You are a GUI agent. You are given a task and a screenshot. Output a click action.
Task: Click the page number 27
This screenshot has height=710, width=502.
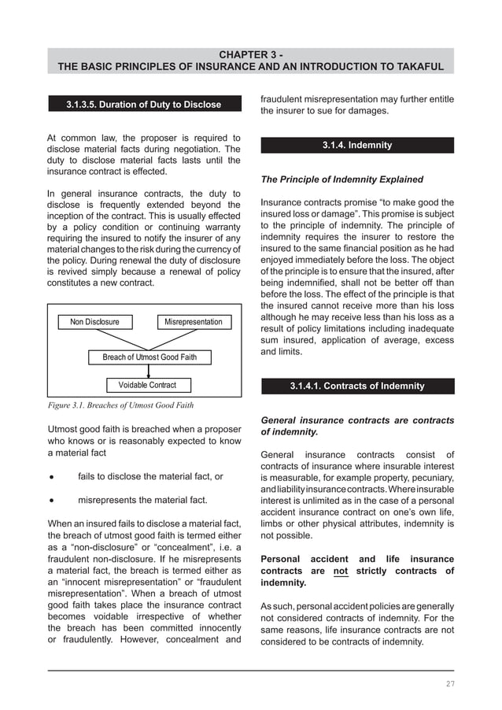450,683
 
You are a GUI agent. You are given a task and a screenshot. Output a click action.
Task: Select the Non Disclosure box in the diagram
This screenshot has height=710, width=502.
95,322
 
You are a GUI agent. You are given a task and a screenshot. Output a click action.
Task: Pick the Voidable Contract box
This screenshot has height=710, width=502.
147,385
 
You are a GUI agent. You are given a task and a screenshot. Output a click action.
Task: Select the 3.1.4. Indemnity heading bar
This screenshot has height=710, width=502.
357,146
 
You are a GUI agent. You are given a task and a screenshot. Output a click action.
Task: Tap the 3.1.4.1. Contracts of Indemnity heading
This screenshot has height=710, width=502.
357,386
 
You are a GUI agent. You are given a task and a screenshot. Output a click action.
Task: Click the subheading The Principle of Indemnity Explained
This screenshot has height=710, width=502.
341,179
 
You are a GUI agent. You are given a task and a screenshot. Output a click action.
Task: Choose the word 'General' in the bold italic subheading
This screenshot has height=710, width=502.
281,420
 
